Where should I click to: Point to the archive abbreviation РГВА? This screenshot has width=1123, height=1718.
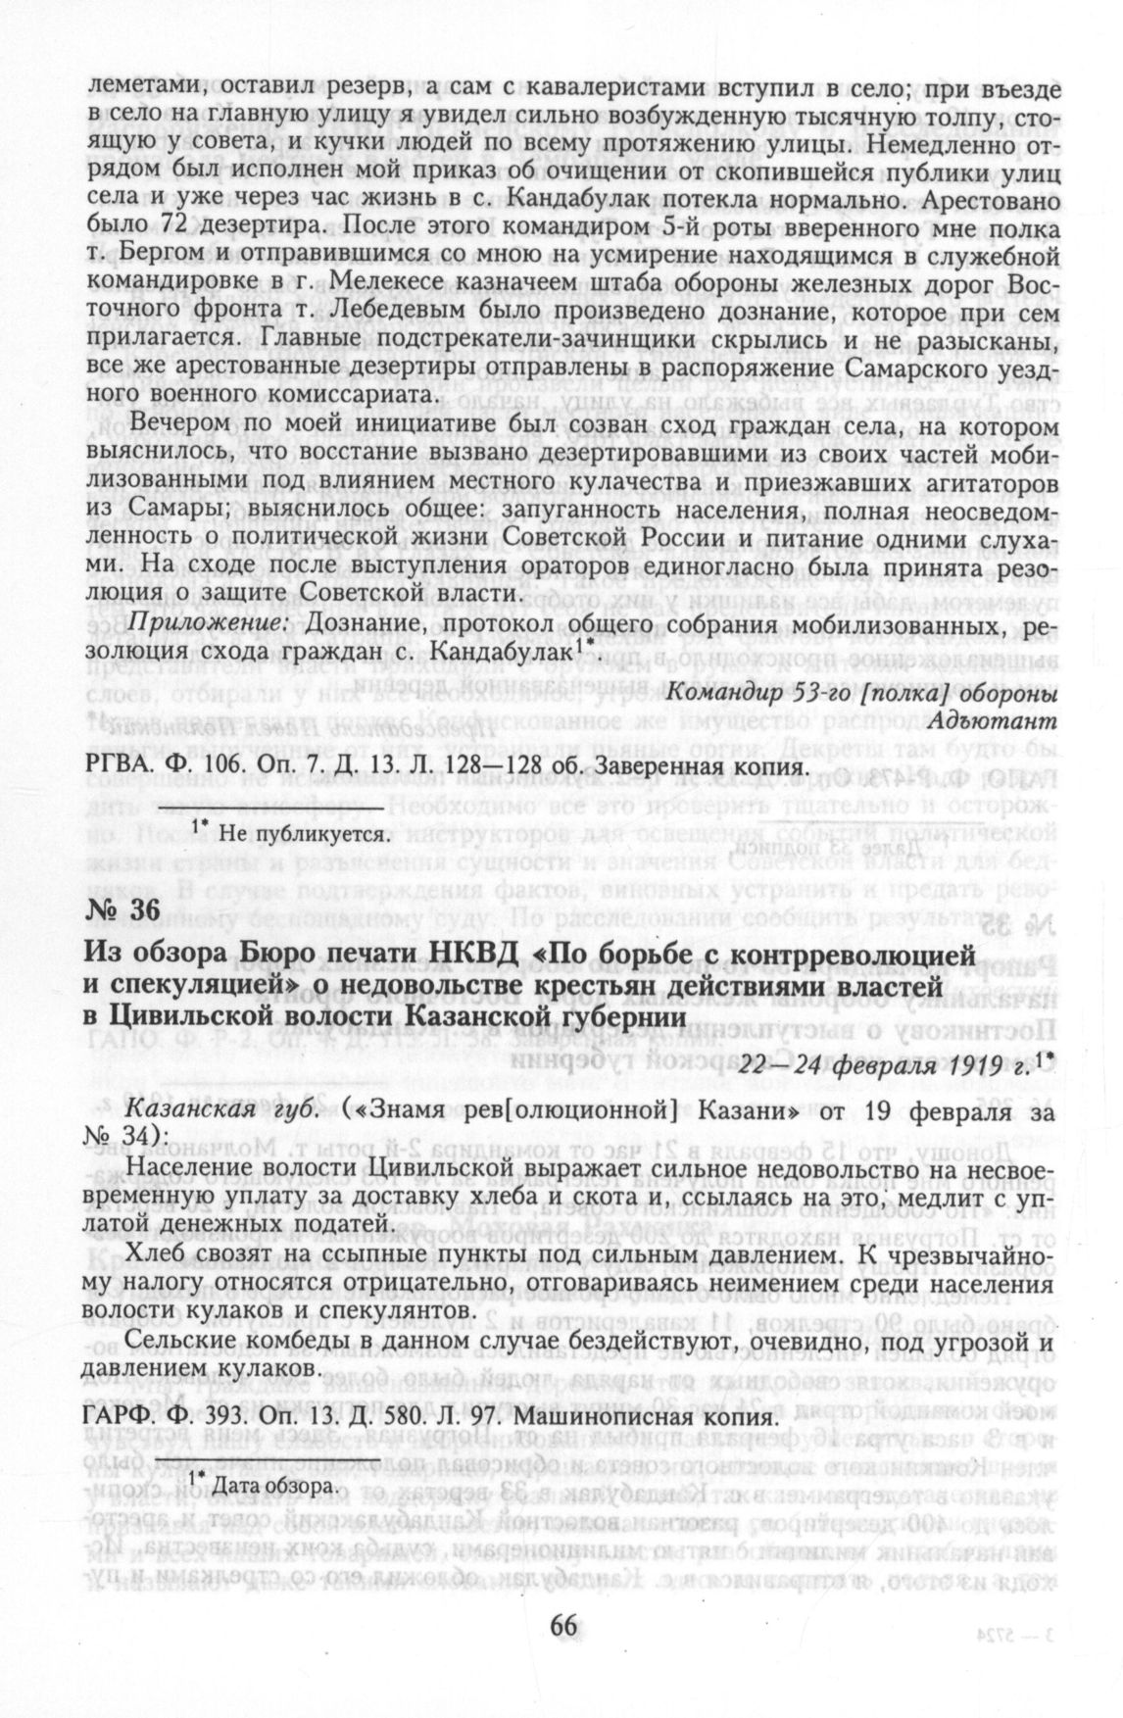pyautogui.click(x=121, y=764)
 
